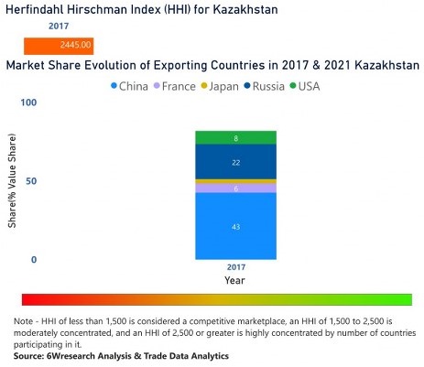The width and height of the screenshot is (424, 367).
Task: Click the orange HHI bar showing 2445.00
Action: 59,45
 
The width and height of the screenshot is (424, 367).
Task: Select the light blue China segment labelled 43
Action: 235,226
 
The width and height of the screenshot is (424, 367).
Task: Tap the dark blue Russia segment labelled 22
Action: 235,162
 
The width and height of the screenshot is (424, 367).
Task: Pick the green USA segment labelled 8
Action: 235,138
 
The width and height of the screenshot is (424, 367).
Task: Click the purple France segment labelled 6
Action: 235,189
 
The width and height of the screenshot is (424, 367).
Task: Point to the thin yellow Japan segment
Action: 235,181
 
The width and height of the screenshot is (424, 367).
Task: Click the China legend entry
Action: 129,86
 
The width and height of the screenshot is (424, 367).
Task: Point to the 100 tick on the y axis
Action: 27,103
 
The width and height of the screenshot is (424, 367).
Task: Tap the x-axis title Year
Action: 235,281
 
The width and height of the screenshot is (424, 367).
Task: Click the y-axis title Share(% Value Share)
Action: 13,183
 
